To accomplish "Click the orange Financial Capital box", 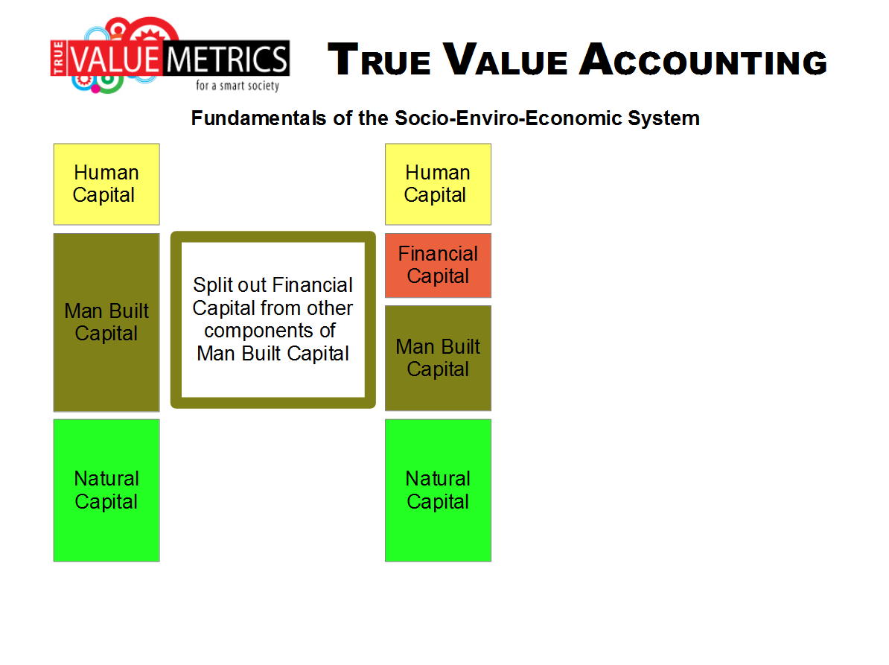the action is pos(438,265).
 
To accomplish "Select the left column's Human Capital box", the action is pos(106,184).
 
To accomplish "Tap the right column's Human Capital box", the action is pos(438,184).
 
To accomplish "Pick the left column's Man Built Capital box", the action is pos(106,322).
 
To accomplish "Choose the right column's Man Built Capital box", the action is pos(438,358).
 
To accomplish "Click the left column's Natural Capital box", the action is pos(106,491).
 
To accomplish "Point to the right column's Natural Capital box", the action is pos(438,491).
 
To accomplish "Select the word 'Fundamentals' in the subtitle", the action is pos(258,118).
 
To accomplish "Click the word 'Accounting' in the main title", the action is pos(704,60).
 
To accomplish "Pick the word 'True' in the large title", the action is pos(379,60).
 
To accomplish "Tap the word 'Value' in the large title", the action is pos(505,60).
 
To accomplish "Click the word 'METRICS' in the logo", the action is pos(227,59).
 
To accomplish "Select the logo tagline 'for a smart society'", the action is pos(238,86).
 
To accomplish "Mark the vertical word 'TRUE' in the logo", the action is pos(58,57).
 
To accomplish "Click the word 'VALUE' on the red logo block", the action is pos(115,59).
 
